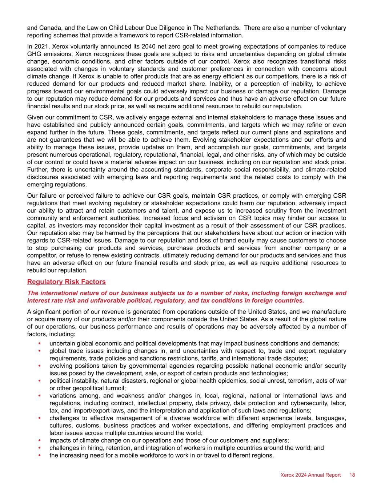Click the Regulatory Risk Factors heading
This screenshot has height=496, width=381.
click(x=67, y=282)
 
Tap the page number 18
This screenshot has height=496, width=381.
click(x=352, y=475)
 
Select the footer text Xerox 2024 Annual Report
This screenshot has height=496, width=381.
click(x=310, y=475)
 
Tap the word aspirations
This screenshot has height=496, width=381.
click(x=317, y=132)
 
